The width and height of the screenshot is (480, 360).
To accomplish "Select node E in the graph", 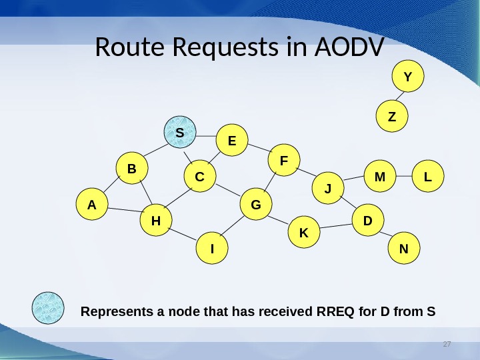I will pos(232,141).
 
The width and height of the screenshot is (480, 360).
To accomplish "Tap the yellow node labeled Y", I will pos(407,77).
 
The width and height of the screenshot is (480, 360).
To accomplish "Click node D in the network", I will pos(367,219).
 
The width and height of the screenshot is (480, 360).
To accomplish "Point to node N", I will pos(403,249).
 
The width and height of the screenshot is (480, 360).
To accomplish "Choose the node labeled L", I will pos(427,177).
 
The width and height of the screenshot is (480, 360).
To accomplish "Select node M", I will pos(380,177).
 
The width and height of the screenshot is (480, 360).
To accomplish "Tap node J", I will pos(327,189).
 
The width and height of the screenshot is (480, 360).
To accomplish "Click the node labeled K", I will pos(304,233).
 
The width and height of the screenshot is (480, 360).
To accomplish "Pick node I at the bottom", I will pos(212,249).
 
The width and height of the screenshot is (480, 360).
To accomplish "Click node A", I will pos(91,205).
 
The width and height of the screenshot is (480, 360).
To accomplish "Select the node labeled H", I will pos(156,219).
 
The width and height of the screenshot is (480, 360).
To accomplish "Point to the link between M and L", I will pos(404,177).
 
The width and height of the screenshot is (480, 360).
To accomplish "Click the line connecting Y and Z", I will pos(400,97).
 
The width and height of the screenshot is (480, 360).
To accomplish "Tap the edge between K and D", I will pos(335,227).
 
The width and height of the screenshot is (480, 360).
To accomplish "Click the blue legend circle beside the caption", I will pos(49,309).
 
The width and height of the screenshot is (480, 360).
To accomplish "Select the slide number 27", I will pos(447,344).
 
